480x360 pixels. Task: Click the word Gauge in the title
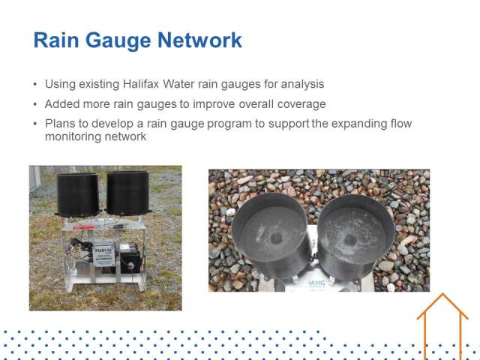(x=118, y=40)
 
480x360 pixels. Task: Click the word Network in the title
(x=200, y=40)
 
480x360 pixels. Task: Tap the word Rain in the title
(x=56, y=40)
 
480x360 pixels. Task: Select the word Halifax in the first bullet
(x=141, y=83)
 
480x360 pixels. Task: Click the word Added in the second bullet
(x=62, y=103)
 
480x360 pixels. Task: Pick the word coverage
(x=301, y=104)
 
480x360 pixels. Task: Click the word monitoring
(x=73, y=136)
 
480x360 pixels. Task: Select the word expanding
(x=358, y=124)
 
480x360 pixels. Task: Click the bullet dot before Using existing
(x=35, y=84)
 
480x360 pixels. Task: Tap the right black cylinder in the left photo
(x=128, y=193)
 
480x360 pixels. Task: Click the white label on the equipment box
(x=103, y=253)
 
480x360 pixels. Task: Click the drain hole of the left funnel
(x=277, y=238)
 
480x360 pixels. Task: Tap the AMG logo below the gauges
(x=317, y=283)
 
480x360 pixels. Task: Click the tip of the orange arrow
(x=442, y=293)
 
